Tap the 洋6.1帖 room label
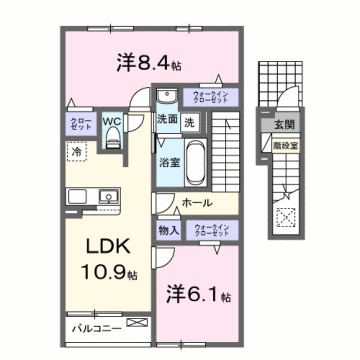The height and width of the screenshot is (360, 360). pos(196,296)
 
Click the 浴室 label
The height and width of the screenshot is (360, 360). pos(168,160)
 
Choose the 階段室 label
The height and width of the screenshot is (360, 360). pos(285,145)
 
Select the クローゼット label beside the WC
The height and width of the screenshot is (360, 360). pos(79,125)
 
